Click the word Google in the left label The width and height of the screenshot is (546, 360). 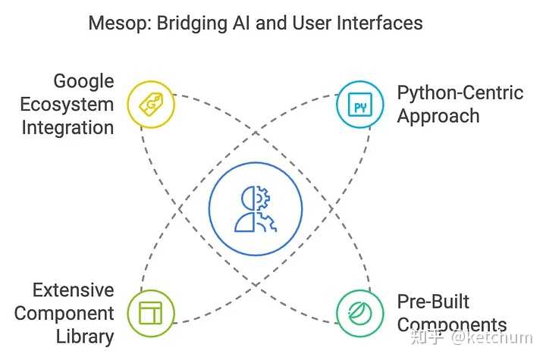pyautogui.click(x=83, y=81)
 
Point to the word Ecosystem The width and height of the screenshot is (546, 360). pyautogui.click(x=67, y=105)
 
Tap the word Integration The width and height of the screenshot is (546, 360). pyautogui.click(x=67, y=127)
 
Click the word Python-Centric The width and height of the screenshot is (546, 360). pyautogui.click(x=460, y=93)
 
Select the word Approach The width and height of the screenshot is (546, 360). pyautogui.click(x=438, y=117)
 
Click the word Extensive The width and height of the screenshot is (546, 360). pyautogui.click(x=73, y=290)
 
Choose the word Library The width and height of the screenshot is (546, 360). pyautogui.click(x=85, y=337)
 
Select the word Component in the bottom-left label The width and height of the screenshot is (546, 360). pyautogui.click(x=64, y=314)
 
